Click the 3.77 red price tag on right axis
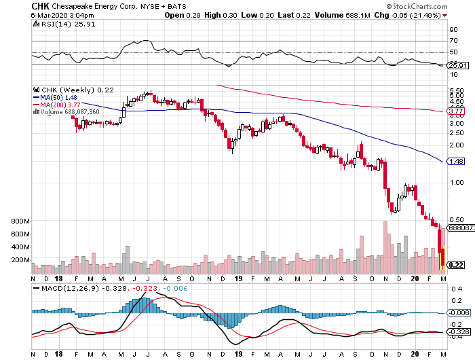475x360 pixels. point(455,111)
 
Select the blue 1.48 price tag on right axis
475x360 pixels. point(455,161)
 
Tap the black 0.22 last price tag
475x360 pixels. point(456,265)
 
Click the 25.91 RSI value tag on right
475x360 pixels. point(457,66)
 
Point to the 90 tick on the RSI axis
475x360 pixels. point(453,30)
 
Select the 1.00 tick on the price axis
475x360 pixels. point(455,183)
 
